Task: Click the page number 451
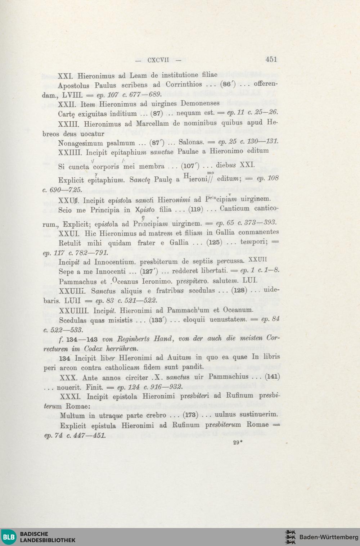(271, 59)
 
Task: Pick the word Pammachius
(228, 377)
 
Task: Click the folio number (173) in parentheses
(190, 415)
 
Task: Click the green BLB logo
(9, 537)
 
